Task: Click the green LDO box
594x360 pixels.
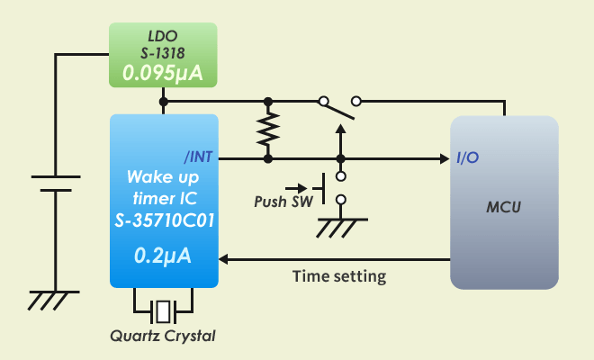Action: (x=163, y=55)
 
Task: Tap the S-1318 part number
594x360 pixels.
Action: (x=163, y=54)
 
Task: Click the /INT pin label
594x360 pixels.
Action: (x=198, y=157)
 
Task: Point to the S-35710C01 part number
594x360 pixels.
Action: (x=163, y=220)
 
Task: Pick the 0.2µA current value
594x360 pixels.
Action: (x=163, y=256)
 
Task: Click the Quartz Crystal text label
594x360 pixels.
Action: (x=163, y=336)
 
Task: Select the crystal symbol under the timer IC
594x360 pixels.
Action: (x=163, y=311)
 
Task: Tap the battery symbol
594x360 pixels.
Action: (x=57, y=184)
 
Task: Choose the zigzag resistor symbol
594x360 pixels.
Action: (x=267, y=130)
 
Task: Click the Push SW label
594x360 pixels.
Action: (x=283, y=202)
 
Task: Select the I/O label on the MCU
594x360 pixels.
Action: (x=468, y=158)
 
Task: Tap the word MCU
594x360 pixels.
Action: (x=504, y=208)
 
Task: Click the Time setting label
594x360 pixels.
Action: (x=339, y=276)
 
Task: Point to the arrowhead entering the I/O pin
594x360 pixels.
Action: (x=444, y=159)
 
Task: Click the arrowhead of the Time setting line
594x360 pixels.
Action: (x=225, y=259)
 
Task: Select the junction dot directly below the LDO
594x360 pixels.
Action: (x=163, y=102)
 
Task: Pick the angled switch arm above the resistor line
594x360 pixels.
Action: (x=337, y=110)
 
